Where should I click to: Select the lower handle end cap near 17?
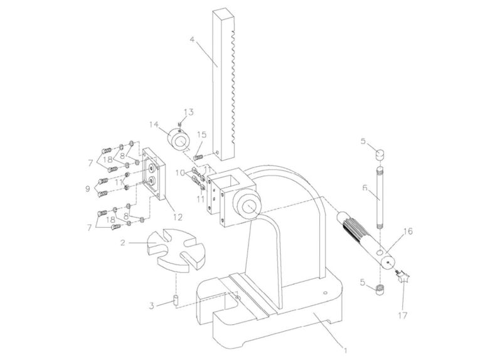(380, 289)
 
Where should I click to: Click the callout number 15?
(202, 135)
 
